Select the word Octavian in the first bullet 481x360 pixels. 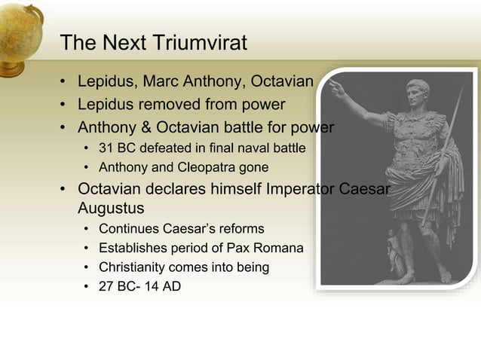pyautogui.click(x=283, y=81)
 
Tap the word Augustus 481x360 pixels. pyautogui.click(x=111, y=206)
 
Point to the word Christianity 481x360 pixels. pyautogui.click(x=134, y=267)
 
